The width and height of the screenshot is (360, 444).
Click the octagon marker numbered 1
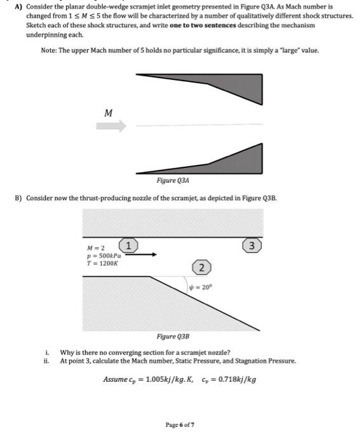[x=128, y=245]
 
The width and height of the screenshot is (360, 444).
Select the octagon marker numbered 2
[x=201, y=267]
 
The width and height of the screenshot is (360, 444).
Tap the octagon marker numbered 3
[x=251, y=245]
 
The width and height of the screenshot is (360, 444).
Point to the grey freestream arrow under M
[x=111, y=126]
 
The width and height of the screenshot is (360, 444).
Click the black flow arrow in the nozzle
[x=141, y=254]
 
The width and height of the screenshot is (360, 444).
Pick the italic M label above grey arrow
[x=109, y=113]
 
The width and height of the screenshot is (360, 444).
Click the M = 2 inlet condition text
[x=96, y=249]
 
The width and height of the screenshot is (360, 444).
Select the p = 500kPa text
[x=104, y=256]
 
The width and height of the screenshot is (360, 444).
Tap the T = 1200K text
[x=102, y=263]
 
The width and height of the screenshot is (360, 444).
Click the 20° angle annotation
[x=201, y=287]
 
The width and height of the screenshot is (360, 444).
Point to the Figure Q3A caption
[x=173, y=180]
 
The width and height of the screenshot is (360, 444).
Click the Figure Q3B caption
[x=173, y=336]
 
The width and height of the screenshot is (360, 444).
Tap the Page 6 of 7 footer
[x=180, y=425]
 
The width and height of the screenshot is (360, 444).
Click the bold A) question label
[x=18, y=6]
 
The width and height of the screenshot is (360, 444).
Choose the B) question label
[x=18, y=198]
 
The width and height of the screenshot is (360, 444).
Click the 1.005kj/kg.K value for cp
[x=170, y=379]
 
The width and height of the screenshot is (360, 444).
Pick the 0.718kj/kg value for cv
[x=237, y=379]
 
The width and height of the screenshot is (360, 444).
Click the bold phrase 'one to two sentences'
[x=203, y=25]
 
